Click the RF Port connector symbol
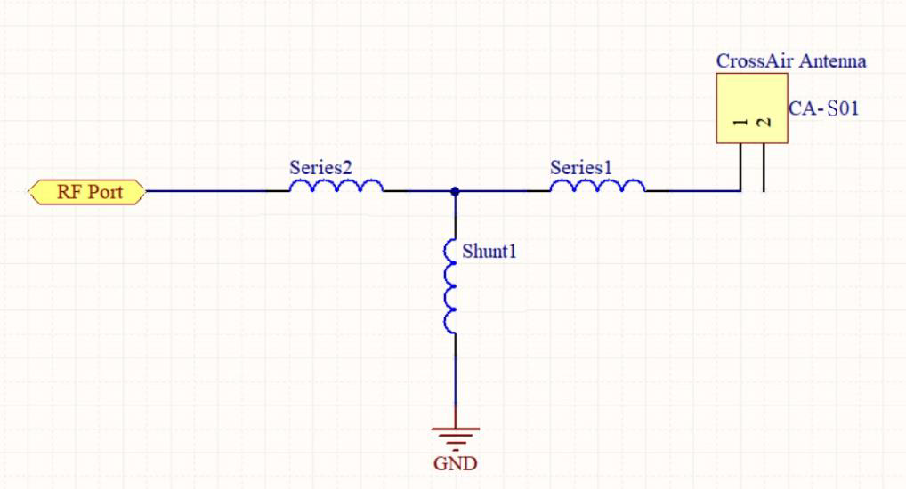pos(87,191)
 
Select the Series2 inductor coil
pos(336,186)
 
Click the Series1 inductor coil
pos(597,186)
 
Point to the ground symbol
pos(455,437)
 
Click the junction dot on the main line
pos(455,191)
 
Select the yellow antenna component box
pos(751,108)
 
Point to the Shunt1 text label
pos(489,251)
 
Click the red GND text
pos(455,463)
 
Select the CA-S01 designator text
pos(824,109)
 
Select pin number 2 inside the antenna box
pos(762,123)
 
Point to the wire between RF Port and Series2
pos(205,191)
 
